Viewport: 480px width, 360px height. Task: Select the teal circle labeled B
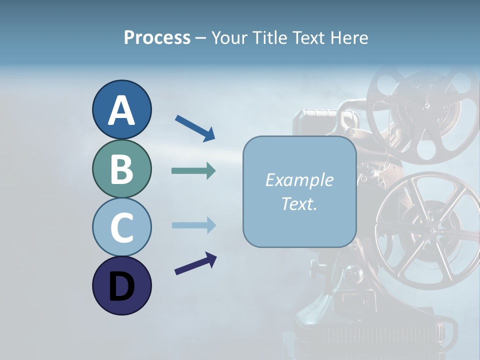pyautogui.click(x=121, y=168)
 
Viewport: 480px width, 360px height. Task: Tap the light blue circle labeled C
pyautogui.click(x=121, y=227)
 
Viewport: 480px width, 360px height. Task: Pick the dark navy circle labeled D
pyautogui.click(x=121, y=285)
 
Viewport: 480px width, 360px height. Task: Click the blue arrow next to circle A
pyautogui.click(x=195, y=128)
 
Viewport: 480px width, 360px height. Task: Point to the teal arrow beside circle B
pyautogui.click(x=193, y=171)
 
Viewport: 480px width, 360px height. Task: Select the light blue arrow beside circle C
pyautogui.click(x=193, y=225)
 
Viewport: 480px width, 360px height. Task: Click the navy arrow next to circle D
pyautogui.click(x=195, y=264)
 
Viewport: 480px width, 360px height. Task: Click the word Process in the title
pyautogui.click(x=157, y=37)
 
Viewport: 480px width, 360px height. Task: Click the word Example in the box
pyautogui.click(x=299, y=180)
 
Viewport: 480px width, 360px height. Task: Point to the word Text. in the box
pyautogui.click(x=299, y=203)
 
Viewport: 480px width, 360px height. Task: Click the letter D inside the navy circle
pyautogui.click(x=121, y=286)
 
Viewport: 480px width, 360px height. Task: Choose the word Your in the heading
pyautogui.click(x=228, y=37)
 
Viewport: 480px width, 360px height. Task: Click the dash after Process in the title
pyautogui.click(x=201, y=38)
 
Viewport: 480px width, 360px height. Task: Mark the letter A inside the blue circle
pyautogui.click(x=121, y=110)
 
